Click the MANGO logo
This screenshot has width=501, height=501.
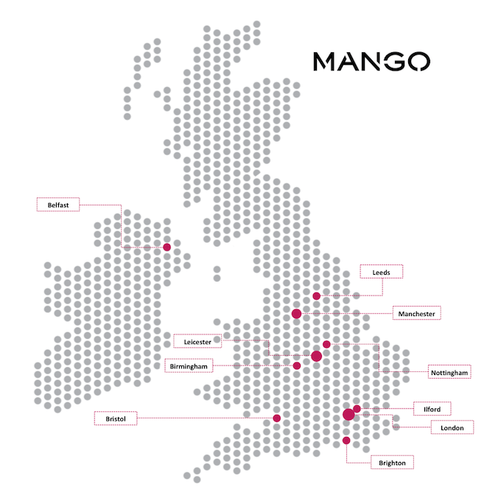coord(371,60)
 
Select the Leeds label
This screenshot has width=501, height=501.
coord(381,272)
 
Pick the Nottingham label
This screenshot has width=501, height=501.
coord(449,373)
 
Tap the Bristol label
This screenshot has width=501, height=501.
coord(116,418)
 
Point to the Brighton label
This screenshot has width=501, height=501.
coord(392,462)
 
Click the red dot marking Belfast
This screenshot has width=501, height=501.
coord(167,248)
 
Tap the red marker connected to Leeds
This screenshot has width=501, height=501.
coord(317,296)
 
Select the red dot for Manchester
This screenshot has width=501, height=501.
coord(297,314)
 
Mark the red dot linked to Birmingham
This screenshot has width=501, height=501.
coord(297,365)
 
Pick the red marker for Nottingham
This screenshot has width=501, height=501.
coord(326,344)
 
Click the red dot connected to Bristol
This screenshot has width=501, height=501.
coord(277,418)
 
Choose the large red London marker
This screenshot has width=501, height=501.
coord(348,416)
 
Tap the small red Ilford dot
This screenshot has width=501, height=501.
coord(357,408)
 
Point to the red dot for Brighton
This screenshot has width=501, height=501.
coord(346,441)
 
